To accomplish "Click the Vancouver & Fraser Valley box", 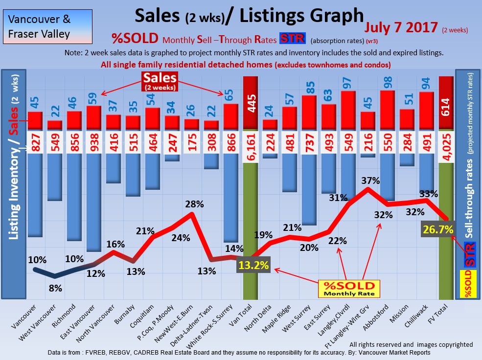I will pyautogui.click(x=40, y=27).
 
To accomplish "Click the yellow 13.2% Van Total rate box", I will pyautogui.click(x=254, y=266).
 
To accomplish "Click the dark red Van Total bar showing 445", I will pyautogui.click(x=251, y=103).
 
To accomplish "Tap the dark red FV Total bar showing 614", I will pyautogui.click(x=446, y=103).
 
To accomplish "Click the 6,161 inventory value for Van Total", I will pyautogui.click(x=251, y=142).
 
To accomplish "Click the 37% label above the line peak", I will pyautogui.click(x=370, y=180).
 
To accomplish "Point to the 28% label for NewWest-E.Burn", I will pyautogui.click(x=194, y=204).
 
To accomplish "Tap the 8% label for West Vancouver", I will pyautogui.click(x=55, y=288).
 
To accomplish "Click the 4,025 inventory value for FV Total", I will pyautogui.click(x=446, y=142).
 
